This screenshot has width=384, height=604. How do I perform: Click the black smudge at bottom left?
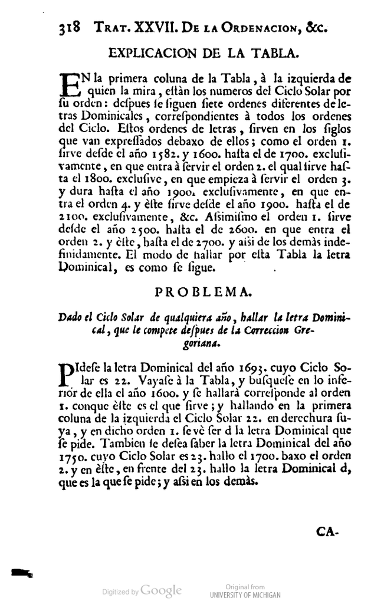pos(21,572)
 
